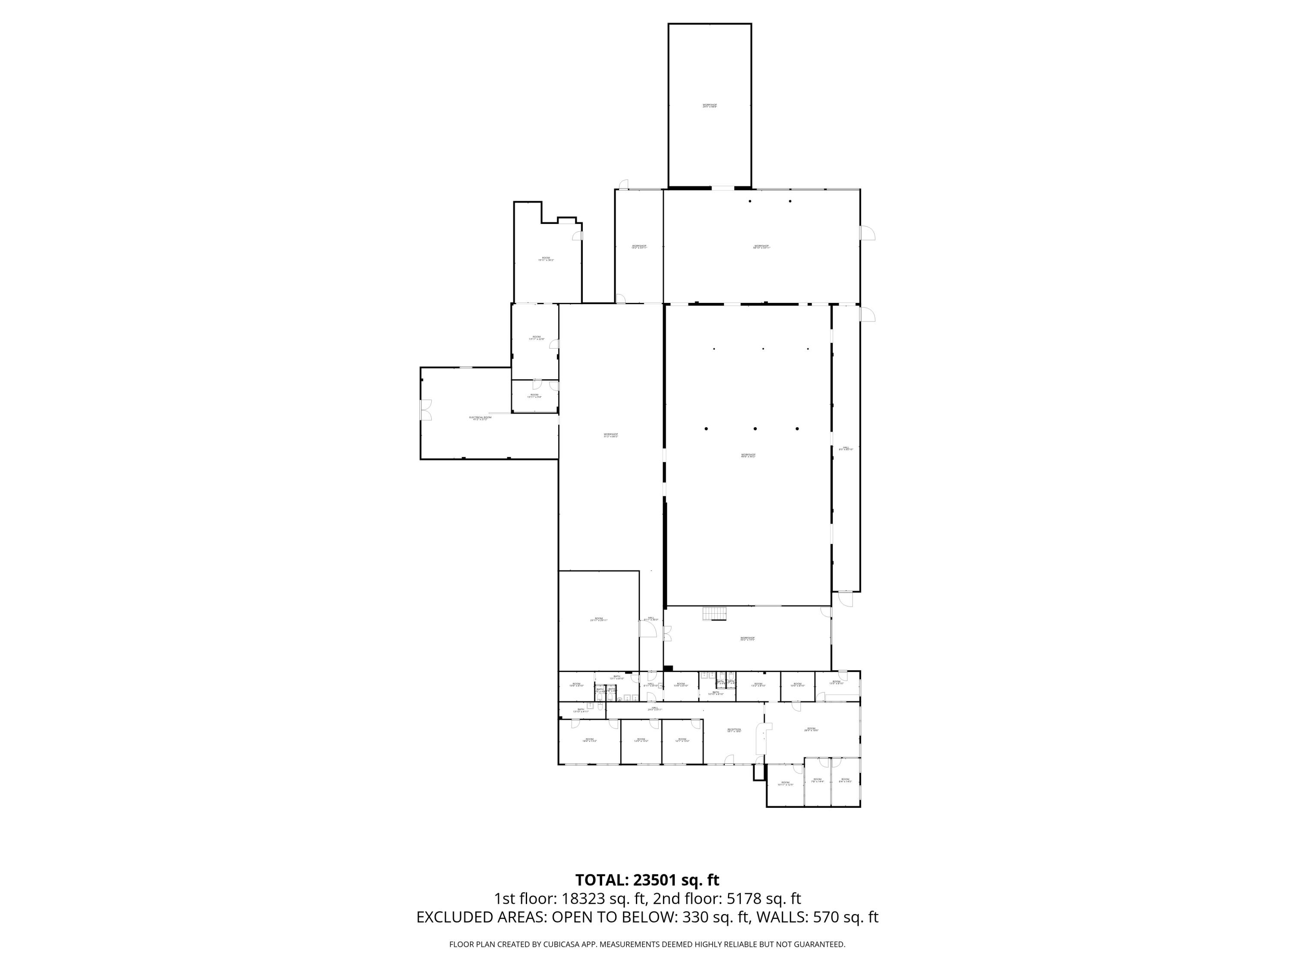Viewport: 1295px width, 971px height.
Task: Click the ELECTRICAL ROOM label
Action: pos(480,418)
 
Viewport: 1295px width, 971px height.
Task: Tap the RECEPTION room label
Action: pos(734,730)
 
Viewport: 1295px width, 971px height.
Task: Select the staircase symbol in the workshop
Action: pos(714,615)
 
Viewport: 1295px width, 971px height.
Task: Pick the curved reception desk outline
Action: pos(761,739)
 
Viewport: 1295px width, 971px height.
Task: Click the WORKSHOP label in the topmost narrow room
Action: pos(710,106)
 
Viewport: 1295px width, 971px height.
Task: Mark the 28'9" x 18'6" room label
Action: pos(811,729)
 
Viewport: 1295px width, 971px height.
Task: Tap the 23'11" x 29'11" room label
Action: pos(598,619)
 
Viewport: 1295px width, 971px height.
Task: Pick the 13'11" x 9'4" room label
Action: pos(534,396)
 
